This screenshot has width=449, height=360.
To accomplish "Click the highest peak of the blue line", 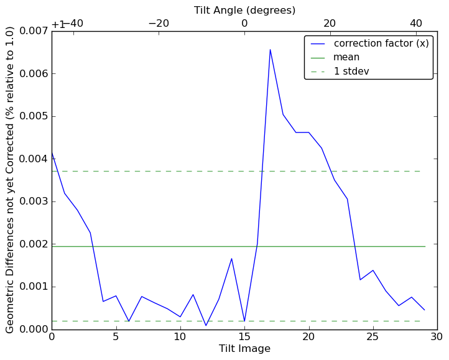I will pyautogui.click(x=270, y=49).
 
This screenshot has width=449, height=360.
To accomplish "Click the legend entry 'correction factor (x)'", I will pyautogui.click(x=381, y=44).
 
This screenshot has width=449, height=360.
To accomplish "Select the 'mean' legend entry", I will pyautogui.click(x=346, y=57).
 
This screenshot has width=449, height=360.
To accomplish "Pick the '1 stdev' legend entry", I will pyautogui.click(x=351, y=71).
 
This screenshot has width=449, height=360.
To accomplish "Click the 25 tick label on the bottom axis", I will pyautogui.click(x=373, y=337).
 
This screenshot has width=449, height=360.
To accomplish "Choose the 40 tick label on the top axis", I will pyautogui.click(x=416, y=24).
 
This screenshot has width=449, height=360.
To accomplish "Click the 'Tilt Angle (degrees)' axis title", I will pyautogui.click(x=244, y=10).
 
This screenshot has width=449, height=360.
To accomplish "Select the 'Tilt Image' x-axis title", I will pyautogui.click(x=244, y=349).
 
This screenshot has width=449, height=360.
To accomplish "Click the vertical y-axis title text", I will pyautogui.click(x=10, y=180).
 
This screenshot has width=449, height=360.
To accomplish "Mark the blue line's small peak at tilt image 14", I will pyautogui.click(x=231, y=259).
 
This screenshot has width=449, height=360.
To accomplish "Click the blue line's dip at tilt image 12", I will pyautogui.click(x=206, y=325).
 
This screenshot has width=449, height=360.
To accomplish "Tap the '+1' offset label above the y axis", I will pyautogui.click(x=58, y=24).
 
